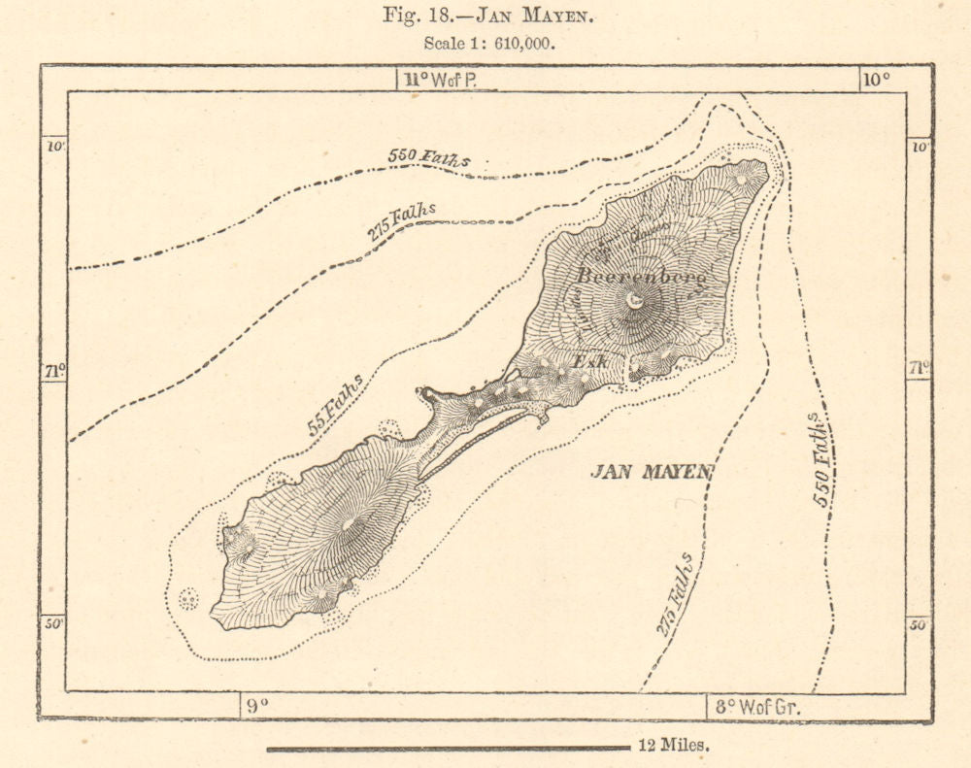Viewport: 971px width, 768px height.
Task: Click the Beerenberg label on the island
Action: (641, 276)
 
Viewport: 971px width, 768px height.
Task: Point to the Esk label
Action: (589, 361)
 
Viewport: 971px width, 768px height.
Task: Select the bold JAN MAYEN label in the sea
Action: (653, 472)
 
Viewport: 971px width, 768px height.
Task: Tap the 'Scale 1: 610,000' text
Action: (489, 44)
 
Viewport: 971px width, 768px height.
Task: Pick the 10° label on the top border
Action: (878, 80)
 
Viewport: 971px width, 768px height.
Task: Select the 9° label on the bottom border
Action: (254, 707)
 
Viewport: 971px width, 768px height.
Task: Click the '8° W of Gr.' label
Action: (757, 707)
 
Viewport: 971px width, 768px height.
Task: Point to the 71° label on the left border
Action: (54, 370)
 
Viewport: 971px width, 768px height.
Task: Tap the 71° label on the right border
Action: (918, 368)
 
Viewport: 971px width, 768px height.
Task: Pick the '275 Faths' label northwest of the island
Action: (401, 221)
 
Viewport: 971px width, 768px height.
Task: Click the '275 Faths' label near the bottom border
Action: (675, 594)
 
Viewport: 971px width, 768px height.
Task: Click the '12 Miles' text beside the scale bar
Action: (675, 747)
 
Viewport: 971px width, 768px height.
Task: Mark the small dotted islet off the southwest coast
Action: (188, 599)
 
